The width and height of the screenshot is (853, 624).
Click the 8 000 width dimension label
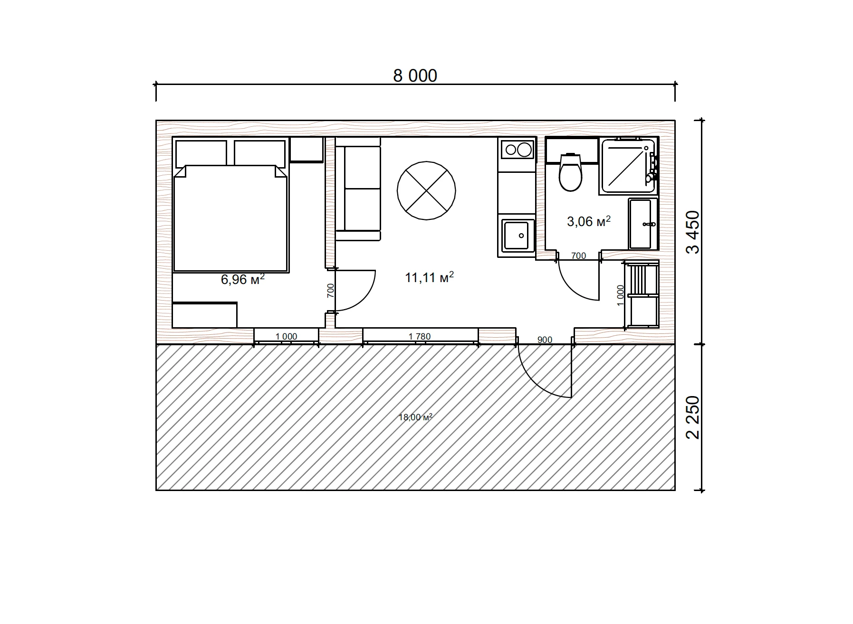coord(415,76)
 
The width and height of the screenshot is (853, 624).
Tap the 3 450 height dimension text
coord(693,232)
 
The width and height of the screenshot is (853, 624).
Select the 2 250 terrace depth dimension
coord(693,417)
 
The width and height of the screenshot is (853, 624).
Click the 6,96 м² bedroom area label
coord(242,279)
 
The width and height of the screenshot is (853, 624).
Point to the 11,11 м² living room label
coord(429,277)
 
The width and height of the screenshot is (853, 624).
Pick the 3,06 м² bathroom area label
coord(588,221)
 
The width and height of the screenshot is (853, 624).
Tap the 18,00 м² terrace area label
coord(415,417)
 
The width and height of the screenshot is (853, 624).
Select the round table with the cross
coord(426,190)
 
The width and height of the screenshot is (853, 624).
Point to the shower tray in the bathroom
coord(628,166)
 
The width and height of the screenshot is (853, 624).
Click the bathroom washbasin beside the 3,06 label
coord(643,224)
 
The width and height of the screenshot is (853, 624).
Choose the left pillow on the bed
coord(201,153)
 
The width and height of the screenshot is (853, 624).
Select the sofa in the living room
coord(358,189)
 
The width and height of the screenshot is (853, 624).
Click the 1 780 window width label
coord(420,337)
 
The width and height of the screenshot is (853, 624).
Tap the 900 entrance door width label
coord(545,340)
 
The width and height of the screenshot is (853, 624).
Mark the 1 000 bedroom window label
coord(286,337)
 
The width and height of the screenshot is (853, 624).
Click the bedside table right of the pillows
coord(307,150)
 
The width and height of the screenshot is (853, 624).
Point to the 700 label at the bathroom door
coord(578,256)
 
